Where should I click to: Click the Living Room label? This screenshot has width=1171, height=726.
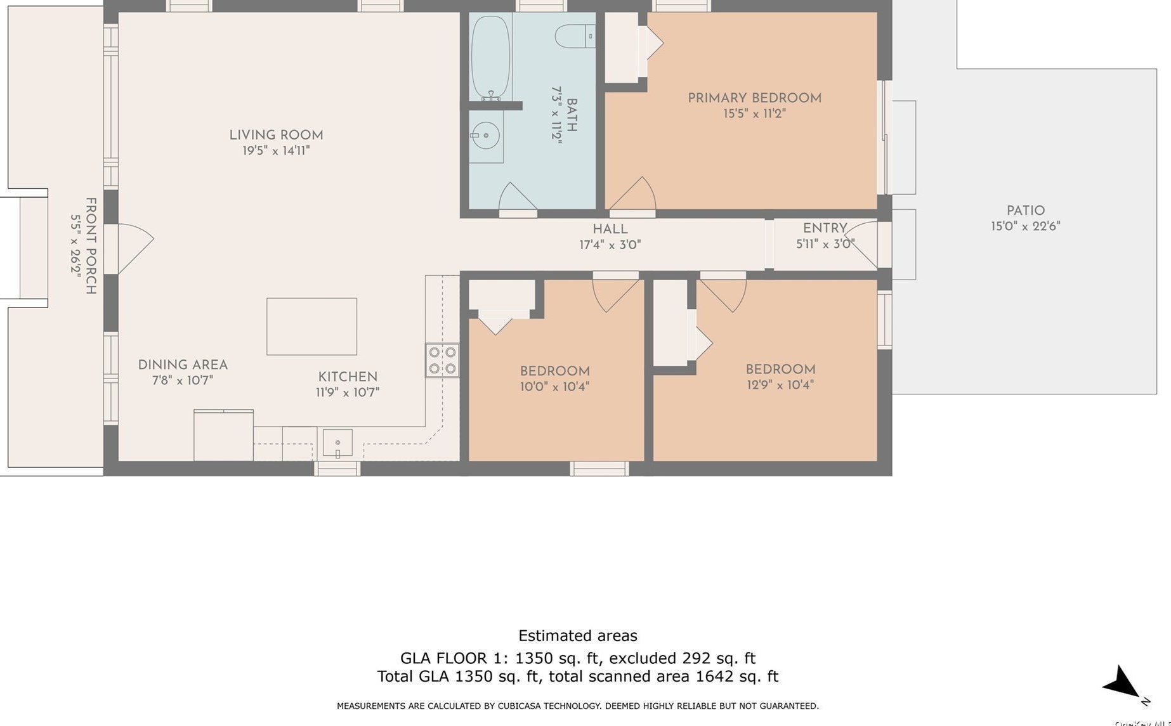276,135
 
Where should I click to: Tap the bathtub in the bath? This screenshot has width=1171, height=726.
490,58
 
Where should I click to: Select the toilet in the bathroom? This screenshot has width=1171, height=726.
575,36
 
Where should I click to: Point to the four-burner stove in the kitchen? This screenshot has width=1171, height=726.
442,361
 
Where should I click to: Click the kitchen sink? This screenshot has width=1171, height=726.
337,443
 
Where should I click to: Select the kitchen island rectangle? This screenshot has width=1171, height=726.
311,327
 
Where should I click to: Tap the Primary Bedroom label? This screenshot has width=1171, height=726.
754,98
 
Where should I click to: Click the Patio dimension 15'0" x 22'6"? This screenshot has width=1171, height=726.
1026,226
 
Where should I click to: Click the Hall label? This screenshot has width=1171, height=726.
610,229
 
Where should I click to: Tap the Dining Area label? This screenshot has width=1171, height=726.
183,365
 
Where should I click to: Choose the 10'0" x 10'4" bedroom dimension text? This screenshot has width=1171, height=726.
555,387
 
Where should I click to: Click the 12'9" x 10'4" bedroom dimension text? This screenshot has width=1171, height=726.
780,385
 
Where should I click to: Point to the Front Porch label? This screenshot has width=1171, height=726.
91,246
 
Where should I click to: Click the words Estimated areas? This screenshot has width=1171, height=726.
578,635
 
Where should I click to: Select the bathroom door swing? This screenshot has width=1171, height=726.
517,196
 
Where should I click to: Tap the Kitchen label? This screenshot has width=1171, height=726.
348,377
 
